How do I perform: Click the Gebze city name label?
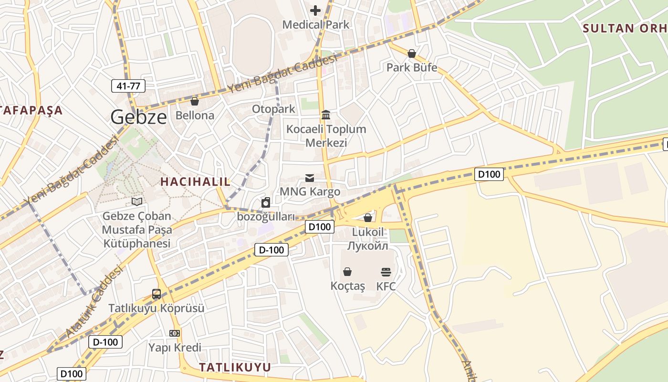click(x=139, y=117)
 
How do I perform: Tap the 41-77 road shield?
click(x=128, y=86)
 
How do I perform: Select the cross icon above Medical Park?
click(x=315, y=10)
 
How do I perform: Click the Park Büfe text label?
click(x=411, y=67)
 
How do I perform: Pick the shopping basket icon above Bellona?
click(x=194, y=101)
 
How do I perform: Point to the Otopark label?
click(x=273, y=109)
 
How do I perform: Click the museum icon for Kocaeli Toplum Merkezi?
click(x=326, y=115)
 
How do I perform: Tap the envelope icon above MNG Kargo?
click(x=310, y=178)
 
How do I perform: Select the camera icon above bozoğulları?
click(x=266, y=202)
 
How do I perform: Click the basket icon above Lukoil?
click(x=367, y=218)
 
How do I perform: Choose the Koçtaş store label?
click(x=347, y=286)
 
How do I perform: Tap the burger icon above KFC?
click(x=386, y=272)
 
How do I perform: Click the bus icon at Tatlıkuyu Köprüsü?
click(x=156, y=294)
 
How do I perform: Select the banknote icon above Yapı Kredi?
click(x=175, y=333)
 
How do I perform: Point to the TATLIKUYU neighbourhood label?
click(x=235, y=367)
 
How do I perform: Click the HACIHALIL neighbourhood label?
click(x=195, y=181)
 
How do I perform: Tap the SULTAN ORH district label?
click(x=625, y=28)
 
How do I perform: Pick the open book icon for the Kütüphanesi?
click(x=137, y=202)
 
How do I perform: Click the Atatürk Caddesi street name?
click(x=94, y=302)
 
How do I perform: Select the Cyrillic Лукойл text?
click(x=367, y=246)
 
